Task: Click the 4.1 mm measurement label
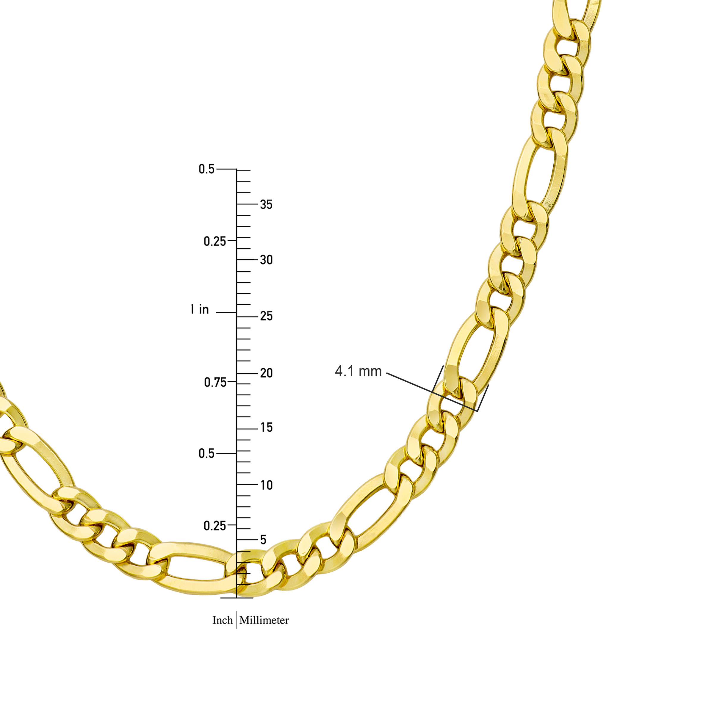coord(358,371)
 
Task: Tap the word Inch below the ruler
coord(222,620)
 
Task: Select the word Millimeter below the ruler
coord(264,620)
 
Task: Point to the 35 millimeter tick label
coord(266,204)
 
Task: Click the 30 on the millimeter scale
coord(266,260)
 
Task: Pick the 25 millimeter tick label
coord(266,316)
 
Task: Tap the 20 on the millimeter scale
coord(266,373)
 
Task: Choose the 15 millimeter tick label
coord(266,428)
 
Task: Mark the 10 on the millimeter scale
coord(266,485)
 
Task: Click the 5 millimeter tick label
coord(263,540)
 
